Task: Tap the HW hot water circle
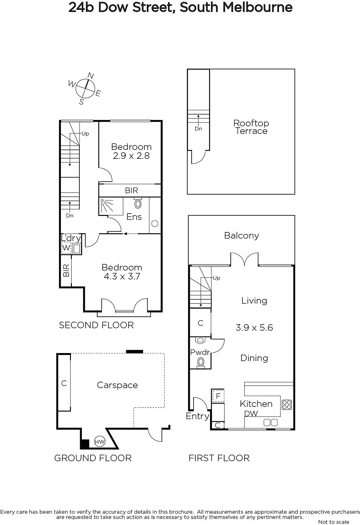[x=100, y=442]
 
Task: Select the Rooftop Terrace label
[x=251, y=127]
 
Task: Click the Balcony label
[x=242, y=236]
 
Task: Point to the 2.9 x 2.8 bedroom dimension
[x=131, y=156]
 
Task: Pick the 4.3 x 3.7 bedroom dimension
[x=122, y=276]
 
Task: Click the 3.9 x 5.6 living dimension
[x=254, y=327]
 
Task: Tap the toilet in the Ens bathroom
[x=138, y=203]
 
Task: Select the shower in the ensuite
[x=111, y=206]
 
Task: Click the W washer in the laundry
[x=66, y=248]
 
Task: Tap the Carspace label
[x=117, y=385]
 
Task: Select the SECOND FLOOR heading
[x=96, y=325]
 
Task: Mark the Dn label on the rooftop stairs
[x=198, y=129]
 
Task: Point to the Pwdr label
[x=200, y=352]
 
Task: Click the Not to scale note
[x=333, y=522]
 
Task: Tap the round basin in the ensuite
[x=155, y=223]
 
